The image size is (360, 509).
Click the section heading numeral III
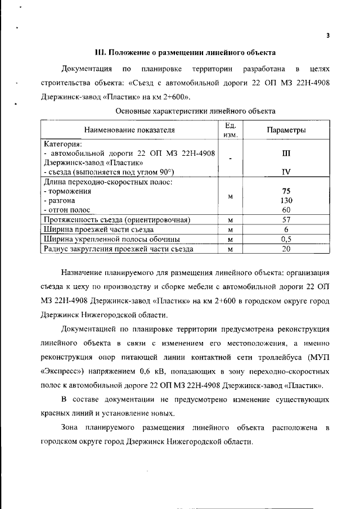point(101,53)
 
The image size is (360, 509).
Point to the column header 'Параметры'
point(286,130)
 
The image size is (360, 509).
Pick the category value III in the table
point(286,153)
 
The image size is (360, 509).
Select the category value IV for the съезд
point(286,172)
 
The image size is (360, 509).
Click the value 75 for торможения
point(286,191)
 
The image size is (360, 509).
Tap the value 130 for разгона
point(286,200)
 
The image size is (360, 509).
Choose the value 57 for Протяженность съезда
point(286,219)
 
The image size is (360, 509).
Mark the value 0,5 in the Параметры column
point(286,238)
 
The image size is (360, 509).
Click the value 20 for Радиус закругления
point(286,248)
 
